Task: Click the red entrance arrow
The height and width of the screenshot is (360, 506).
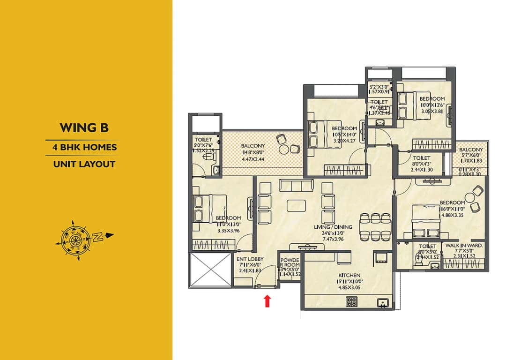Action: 268,301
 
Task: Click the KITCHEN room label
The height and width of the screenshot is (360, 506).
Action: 350,275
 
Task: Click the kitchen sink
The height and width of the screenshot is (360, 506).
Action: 384,303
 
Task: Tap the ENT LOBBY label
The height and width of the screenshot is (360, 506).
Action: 250,259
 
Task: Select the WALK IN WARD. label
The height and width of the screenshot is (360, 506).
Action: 464,246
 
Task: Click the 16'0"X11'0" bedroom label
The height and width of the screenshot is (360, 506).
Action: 452,202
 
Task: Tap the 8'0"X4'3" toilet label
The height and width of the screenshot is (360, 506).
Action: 422,158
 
